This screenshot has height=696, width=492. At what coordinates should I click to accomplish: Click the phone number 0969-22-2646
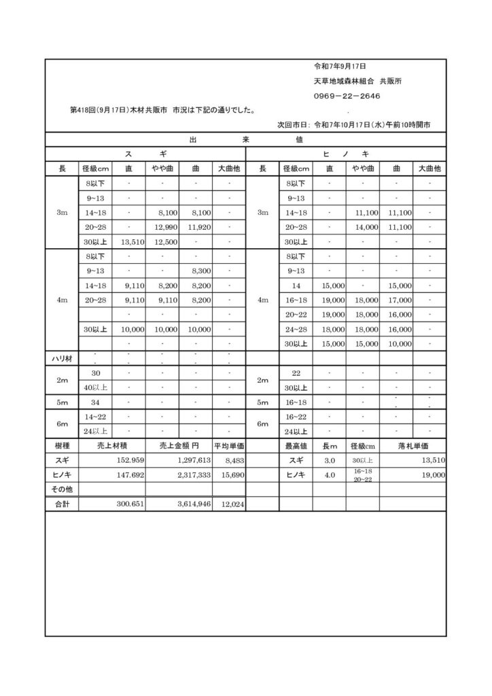point(347,96)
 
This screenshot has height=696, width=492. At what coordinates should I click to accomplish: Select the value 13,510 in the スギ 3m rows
point(132,242)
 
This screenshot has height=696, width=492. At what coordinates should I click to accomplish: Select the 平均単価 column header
point(229,446)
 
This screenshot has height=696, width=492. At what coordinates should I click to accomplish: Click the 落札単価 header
point(412,446)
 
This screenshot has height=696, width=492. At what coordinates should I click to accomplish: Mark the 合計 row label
point(62,505)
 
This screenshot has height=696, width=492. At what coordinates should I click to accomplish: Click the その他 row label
point(62,489)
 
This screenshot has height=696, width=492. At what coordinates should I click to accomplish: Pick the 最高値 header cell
point(296,446)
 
